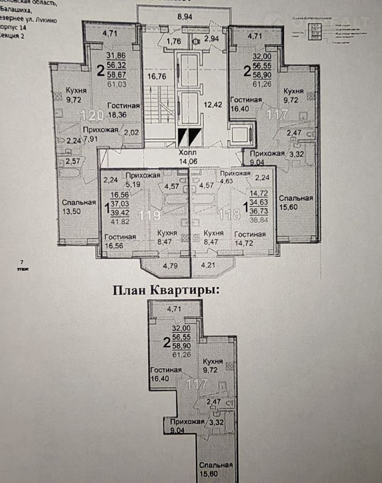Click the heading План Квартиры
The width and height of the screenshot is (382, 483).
(165, 290)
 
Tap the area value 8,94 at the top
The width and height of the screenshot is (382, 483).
(185, 17)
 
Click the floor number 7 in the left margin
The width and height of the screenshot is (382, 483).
(21, 262)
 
